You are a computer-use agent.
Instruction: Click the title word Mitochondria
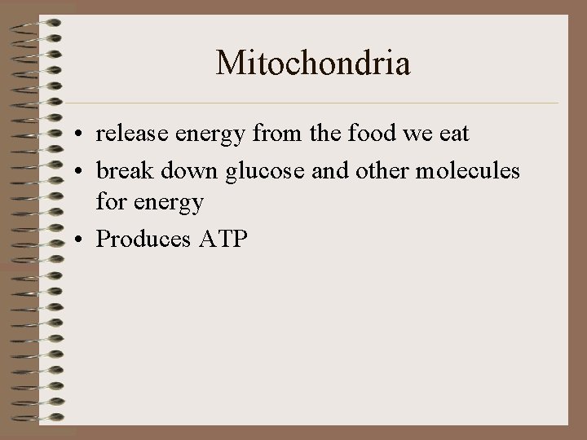[313, 63]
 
